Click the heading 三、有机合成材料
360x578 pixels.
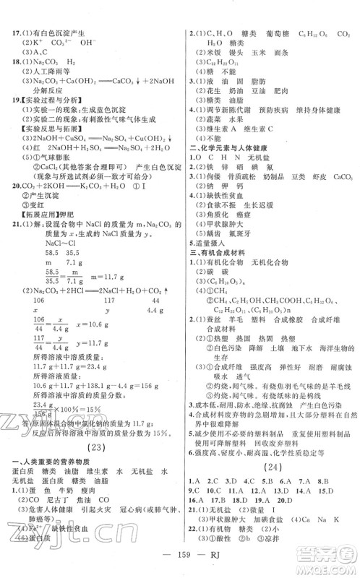pyautogui.click(x=224, y=264)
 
